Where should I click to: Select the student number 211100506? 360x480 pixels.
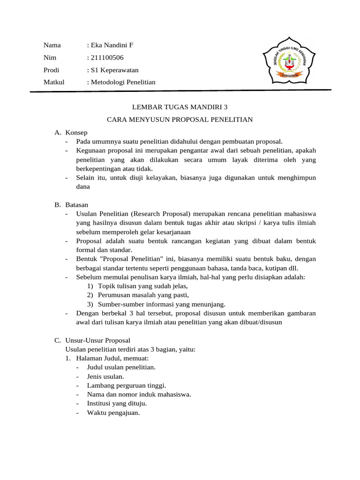point(106,58)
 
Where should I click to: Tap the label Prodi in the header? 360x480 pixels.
point(52,70)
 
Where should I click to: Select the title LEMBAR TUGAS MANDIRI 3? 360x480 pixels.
point(180,107)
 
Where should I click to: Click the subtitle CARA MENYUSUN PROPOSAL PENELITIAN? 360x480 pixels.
point(180,120)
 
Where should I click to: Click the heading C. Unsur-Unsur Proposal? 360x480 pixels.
point(92,340)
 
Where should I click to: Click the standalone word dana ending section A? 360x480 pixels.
point(82,187)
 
